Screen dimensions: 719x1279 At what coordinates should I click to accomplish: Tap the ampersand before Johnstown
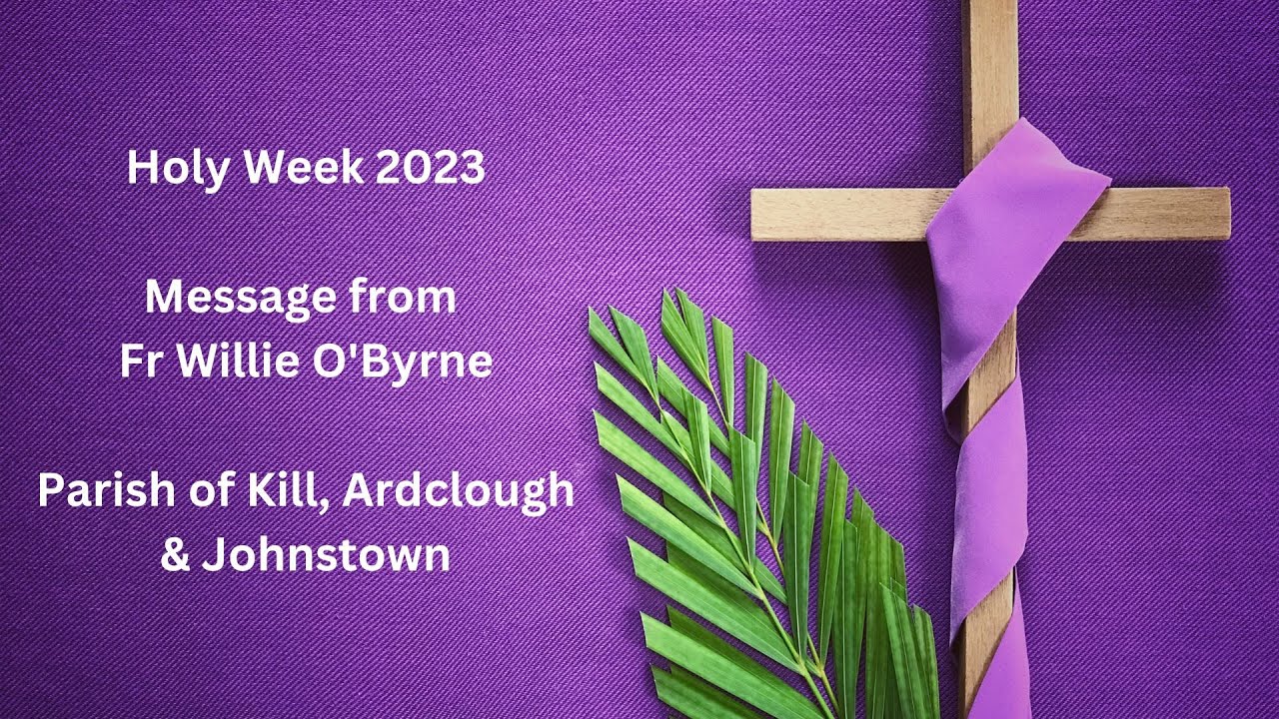(x=175, y=555)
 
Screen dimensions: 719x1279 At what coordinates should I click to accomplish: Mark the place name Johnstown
(x=326, y=555)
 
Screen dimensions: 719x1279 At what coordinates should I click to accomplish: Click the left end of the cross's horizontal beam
(x=764, y=215)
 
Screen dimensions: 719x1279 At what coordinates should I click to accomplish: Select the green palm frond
(x=759, y=499)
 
